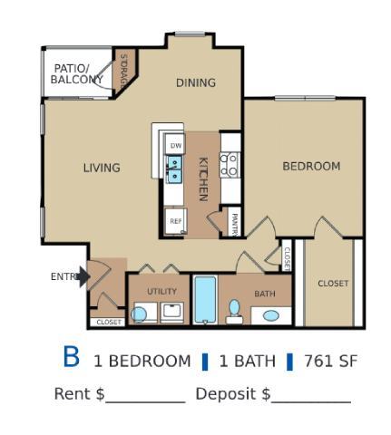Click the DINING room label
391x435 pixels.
196,82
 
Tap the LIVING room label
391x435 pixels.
102,168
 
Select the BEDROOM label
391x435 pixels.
311,166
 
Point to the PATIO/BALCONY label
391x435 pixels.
76,74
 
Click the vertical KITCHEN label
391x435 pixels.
203,179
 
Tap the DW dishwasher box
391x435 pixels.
175,145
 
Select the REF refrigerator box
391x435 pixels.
175,220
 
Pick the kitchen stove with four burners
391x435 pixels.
230,165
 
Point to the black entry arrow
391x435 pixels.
83,276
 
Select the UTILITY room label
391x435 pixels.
161,291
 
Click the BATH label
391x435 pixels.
264,294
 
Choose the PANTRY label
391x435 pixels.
234,223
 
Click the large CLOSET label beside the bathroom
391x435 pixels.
333,284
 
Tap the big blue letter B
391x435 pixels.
72,358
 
